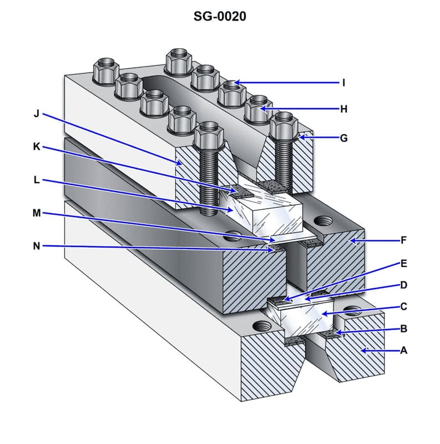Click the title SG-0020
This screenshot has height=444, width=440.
click(x=220, y=17)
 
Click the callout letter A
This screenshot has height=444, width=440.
click(x=403, y=350)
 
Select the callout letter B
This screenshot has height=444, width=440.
click(x=403, y=329)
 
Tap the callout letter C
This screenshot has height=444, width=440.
click(x=403, y=306)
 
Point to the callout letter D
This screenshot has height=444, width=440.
click(x=403, y=285)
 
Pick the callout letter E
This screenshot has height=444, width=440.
click(x=403, y=263)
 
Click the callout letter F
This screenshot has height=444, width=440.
click(x=403, y=240)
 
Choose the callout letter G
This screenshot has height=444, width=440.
click(x=343, y=138)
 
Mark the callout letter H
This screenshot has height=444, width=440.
click(x=343, y=109)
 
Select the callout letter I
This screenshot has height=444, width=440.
click(x=343, y=83)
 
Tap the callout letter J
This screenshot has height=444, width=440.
click(x=37, y=114)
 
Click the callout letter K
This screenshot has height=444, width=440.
click(x=37, y=148)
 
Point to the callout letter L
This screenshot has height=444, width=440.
click(x=37, y=180)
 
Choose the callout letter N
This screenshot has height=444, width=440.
click(x=37, y=246)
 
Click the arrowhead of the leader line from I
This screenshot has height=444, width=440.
click(x=235, y=83)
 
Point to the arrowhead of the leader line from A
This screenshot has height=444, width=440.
click(x=362, y=350)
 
